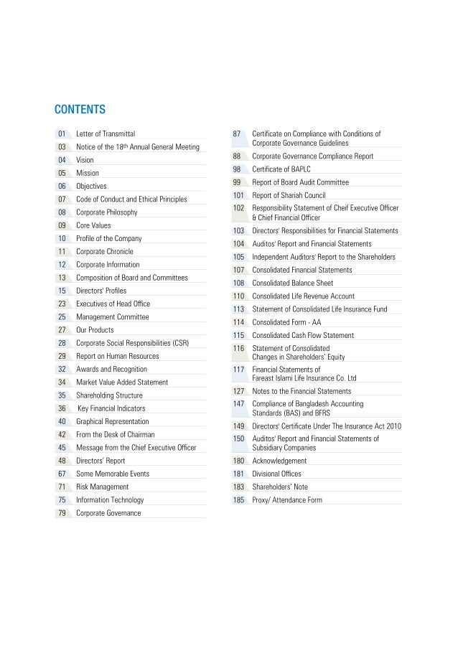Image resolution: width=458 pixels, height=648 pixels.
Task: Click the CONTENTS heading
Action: pos(80,110)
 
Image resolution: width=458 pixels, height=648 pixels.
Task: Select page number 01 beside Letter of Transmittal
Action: pos(62,134)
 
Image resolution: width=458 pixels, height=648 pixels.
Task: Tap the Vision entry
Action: pos(85,160)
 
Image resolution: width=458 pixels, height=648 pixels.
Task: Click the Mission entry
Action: pos(88,173)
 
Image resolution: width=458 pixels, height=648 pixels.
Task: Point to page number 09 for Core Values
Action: pos(62,225)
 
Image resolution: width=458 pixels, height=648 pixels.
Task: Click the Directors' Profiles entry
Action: pos(101,291)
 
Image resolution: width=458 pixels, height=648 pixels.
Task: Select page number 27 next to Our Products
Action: pos(62,330)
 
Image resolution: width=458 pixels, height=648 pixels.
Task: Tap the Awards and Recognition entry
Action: pos(112,369)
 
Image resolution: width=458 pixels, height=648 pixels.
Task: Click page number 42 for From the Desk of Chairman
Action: pos(62,434)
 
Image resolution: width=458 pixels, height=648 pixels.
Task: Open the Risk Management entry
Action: pos(103,487)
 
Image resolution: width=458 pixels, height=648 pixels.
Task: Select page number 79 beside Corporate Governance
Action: pos(62,513)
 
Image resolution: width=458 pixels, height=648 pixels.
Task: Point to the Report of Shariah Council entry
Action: pos(289,195)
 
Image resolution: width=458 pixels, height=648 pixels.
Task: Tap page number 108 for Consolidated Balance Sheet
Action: pos(239,283)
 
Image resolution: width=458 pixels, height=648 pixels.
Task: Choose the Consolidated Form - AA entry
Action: pos(286,322)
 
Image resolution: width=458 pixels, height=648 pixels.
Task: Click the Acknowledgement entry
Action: pos(279,461)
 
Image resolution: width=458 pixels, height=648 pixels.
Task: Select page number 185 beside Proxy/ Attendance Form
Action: pos(239,499)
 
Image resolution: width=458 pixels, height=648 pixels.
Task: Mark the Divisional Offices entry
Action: pos(276,474)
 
